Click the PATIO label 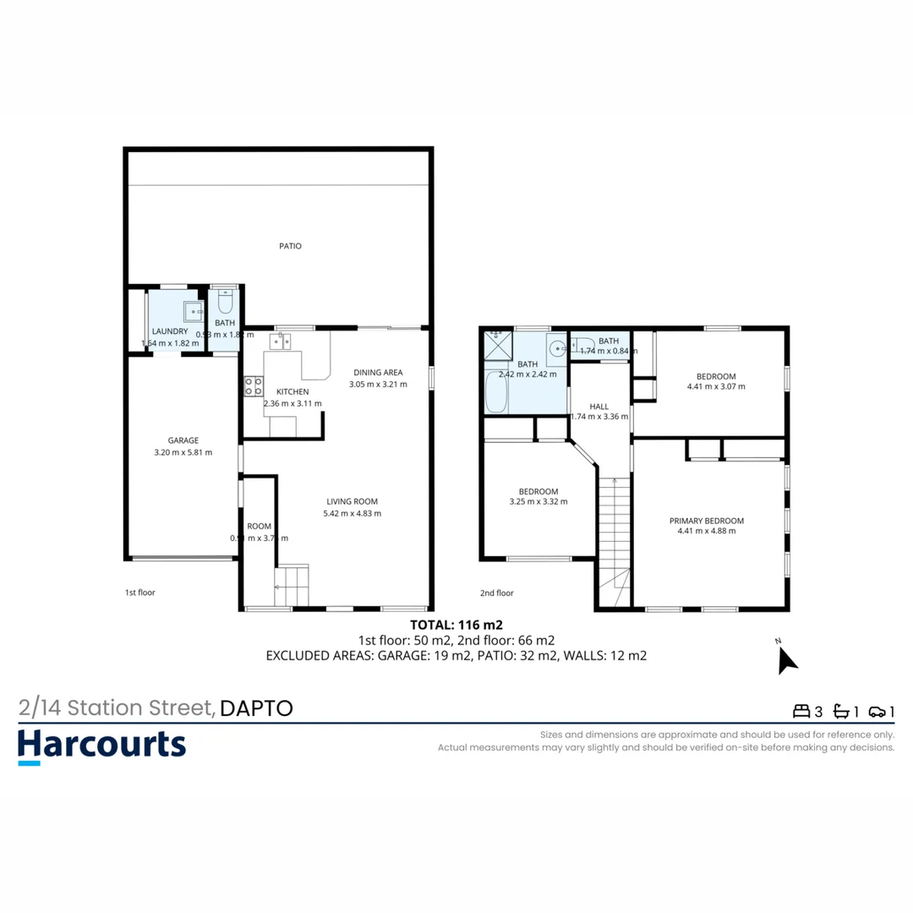tap(290, 246)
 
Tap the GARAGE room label tap(183, 440)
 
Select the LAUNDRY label tap(169, 331)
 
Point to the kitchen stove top tap(253, 386)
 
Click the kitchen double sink tap(280, 341)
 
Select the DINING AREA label tap(378, 372)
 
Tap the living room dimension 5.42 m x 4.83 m tap(353, 513)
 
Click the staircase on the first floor tap(292, 585)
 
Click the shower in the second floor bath tap(498, 345)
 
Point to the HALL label tap(599, 407)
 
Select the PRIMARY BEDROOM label tap(706, 521)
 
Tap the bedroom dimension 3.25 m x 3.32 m tap(539, 501)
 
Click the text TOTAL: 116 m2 tap(456, 626)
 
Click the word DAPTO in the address tap(256, 708)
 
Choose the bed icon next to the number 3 tap(800, 711)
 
